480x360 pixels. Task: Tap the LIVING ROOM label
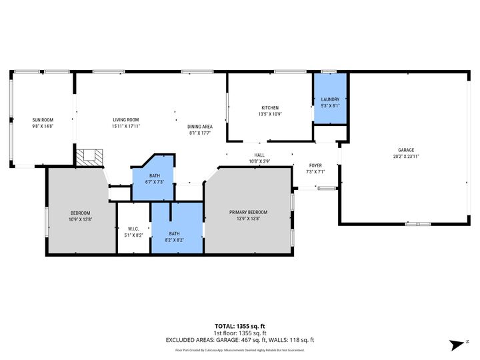(125, 119)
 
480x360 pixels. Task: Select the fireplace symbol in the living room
(89, 157)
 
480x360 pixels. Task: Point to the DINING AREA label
(200, 127)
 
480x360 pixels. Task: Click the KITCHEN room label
(269, 108)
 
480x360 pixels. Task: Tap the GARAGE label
(406, 150)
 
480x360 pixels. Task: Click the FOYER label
(315, 166)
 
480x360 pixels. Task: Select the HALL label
(259, 155)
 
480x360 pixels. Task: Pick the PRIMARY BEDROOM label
(248, 212)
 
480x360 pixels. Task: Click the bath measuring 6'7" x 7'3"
(153, 179)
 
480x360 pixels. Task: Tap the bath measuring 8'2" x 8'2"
(174, 237)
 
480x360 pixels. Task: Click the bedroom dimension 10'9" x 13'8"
(80, 219)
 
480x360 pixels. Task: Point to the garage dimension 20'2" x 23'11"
(406, 157)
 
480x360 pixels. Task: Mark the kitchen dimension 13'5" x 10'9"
(269, 114)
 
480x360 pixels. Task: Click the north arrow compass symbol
(455, 345)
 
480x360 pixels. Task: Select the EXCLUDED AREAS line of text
(239, 340)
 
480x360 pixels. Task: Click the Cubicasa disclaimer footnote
(239, 350)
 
